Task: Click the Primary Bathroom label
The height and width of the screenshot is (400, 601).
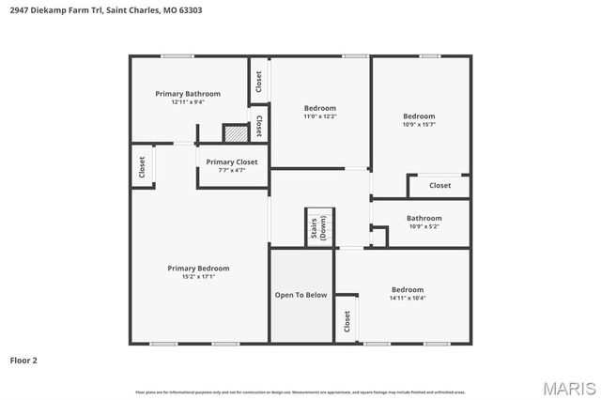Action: click(188, 94)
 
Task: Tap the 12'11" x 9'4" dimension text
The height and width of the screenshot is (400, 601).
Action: click(188, 102)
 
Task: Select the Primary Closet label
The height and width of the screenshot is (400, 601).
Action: click(232, 162)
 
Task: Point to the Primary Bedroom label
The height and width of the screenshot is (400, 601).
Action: click(198, 269)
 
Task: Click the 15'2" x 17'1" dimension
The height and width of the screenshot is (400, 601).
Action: click(198, 277)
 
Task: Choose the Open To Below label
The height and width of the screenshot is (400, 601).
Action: click(300, 295)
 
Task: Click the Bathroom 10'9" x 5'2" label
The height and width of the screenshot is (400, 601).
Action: click(424, 218)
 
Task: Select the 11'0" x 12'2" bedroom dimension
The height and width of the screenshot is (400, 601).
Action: click(319, 116)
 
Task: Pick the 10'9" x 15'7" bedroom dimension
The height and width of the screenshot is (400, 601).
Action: click(419, 124)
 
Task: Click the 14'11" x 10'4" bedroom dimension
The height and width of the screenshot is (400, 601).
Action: click(408, 298)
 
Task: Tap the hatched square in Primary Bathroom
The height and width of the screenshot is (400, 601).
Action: click(235, 134)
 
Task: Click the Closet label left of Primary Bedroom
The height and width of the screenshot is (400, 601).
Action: click(142, 167)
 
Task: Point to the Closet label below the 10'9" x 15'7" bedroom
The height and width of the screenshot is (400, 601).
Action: click(440, 185)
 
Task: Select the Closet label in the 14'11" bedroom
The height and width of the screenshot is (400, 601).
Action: click(347, 322)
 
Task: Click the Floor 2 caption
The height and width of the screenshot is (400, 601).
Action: click(23, 360)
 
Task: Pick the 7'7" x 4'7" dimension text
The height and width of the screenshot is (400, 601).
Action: click(232, 170)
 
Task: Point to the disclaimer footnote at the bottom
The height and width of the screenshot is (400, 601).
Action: click(300, 392)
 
